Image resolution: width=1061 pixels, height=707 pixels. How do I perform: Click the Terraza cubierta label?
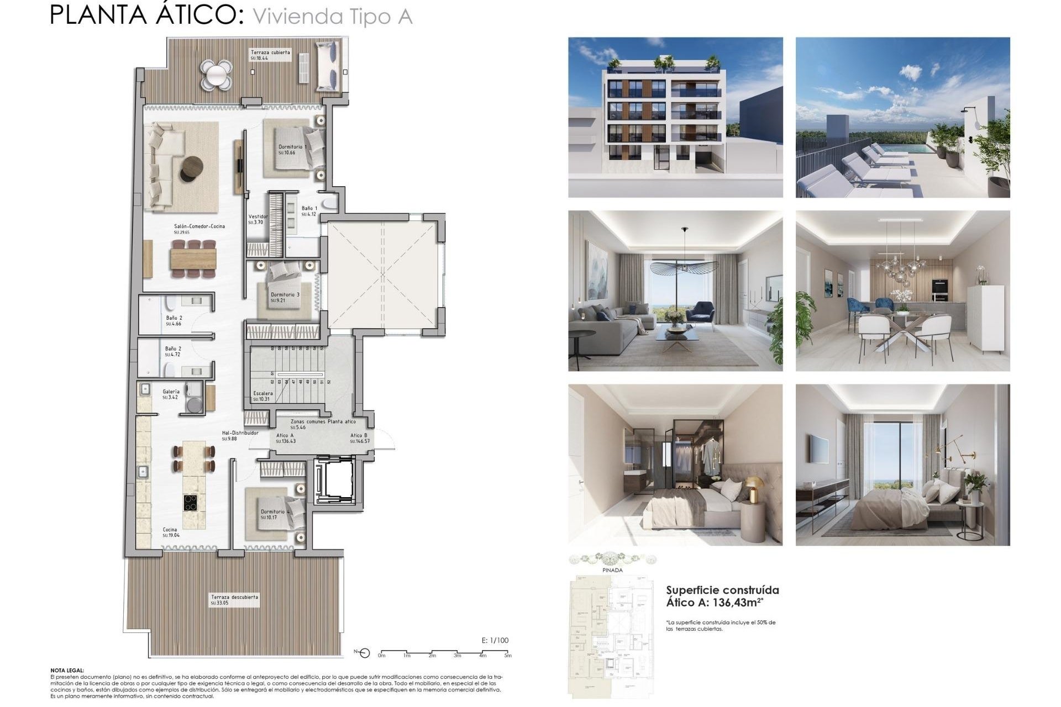(270, 52)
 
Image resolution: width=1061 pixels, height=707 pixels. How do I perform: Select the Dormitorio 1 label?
(292, 147)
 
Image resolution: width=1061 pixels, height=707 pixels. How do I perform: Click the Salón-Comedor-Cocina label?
(199, 226)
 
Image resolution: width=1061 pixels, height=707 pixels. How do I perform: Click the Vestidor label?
(258, 217)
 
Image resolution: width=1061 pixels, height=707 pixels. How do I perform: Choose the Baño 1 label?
(309, 209)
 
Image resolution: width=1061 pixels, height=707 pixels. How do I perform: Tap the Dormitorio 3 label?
(285, 295)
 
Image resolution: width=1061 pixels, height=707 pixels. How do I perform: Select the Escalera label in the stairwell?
(263, 393)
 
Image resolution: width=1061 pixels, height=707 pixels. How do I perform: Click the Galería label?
(171, 392)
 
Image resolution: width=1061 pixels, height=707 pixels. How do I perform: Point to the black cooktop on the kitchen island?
(192, 503)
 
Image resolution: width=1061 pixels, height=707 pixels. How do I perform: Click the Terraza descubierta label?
(234, 597)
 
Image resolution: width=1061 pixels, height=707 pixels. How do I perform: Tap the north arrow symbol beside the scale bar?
(364, 654)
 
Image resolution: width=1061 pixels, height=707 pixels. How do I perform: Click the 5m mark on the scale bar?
(508, 655)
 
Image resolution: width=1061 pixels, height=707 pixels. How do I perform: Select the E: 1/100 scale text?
(495, 641)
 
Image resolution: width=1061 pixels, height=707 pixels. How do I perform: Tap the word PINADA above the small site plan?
(612, 570)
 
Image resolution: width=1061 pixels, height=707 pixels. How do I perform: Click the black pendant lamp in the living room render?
(684, 267)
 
